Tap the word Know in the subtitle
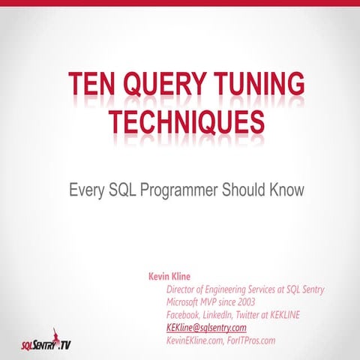click(x=286, y=190)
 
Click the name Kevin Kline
click(x=172, y=276)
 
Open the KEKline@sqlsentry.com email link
click(x=206, y=328)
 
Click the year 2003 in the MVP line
click(x=244, y=302)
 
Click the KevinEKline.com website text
click(x=195, y=340)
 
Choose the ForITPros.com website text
click(x=252, y=340)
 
